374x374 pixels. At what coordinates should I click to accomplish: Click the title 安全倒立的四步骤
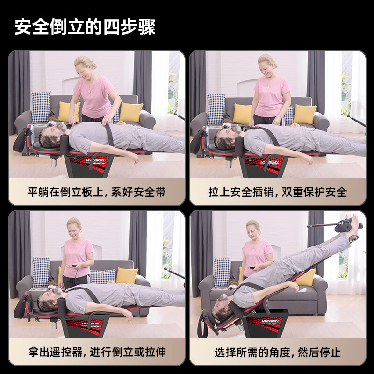[x=85, y=27]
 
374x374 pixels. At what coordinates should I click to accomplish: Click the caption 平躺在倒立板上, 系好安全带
[x=96, y=192]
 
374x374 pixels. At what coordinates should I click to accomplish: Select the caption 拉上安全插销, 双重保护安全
[x=278, y=192]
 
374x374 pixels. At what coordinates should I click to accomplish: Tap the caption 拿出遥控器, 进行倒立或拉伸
[x=96, y=352]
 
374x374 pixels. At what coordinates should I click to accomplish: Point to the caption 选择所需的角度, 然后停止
[x=278, y=352]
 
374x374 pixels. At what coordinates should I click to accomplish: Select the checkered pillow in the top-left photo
[x=41, y=107]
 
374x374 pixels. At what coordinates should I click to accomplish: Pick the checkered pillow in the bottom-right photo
[x=222, y=272]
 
